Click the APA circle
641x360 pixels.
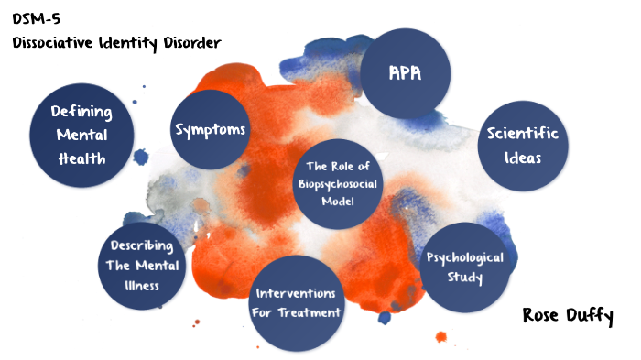click(x=405, y=73)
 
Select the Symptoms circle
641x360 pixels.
click(x=211, y=130)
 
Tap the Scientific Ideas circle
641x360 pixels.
click(x=522, y=145)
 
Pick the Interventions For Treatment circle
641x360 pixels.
click(x=296, y=303)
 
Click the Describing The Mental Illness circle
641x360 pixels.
click(x=144, y=266)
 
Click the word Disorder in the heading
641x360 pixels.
click(x=188, y=43)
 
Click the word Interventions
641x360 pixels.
click(x=296, y=293)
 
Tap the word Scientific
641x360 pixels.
click(x=523, y=135)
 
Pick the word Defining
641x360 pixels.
click(x=81, y=112)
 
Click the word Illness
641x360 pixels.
click(x=144, y=285)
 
